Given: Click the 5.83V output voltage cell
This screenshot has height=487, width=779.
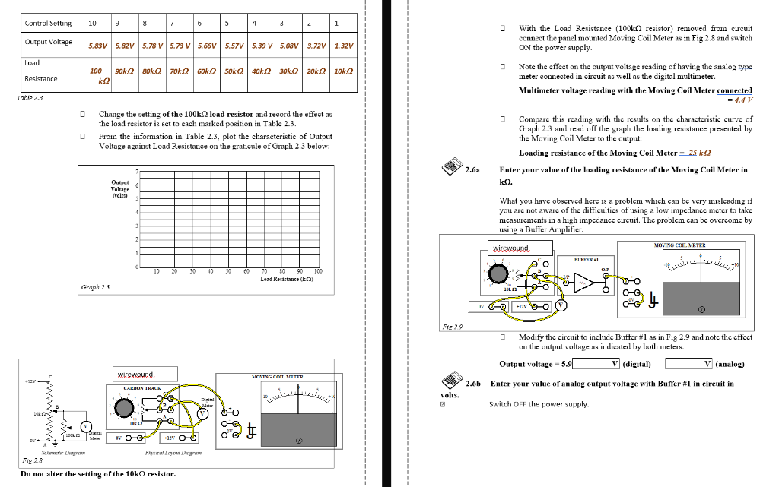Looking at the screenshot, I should pyautogui.click(x=97, y=46).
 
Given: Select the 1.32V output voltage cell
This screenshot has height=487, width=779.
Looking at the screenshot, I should pyautogui.click(x=345, y=46).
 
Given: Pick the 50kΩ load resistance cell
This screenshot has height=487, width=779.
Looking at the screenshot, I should pyautogui.click(x=233, y=71).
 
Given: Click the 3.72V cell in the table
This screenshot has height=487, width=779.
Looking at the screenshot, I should pyautogui.click(x=316, y=46).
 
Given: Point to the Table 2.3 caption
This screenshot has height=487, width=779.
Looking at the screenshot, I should pyautogui.click(x=30, y=97).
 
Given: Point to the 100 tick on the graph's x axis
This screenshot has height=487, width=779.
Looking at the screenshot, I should pyautogui.click(x=318, y=271).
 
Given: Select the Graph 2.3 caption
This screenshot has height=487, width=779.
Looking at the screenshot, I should pyautogui.click(x=96, y=287).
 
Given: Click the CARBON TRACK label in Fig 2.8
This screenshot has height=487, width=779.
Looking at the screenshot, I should pyautogui.click(x=141, y=387).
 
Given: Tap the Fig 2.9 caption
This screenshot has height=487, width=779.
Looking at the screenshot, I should pyautogui.click(x=453, y=325).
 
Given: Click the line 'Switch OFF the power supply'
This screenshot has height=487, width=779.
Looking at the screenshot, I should pyautogui.click(x=539, y=404).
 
